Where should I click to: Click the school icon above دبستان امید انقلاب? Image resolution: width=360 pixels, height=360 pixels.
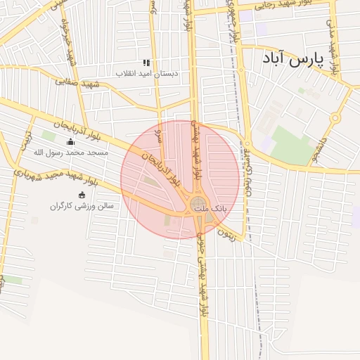coord(146,63)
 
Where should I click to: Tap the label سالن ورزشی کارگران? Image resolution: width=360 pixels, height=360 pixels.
coord(82,206)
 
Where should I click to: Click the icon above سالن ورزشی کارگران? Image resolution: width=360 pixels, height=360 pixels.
coord(82,195)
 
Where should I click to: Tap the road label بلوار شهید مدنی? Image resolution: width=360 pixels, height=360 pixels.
coord(333,42)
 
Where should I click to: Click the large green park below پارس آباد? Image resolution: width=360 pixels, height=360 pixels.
coord(291,145)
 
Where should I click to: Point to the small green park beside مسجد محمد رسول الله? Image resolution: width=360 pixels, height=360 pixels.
coord(49,135)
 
